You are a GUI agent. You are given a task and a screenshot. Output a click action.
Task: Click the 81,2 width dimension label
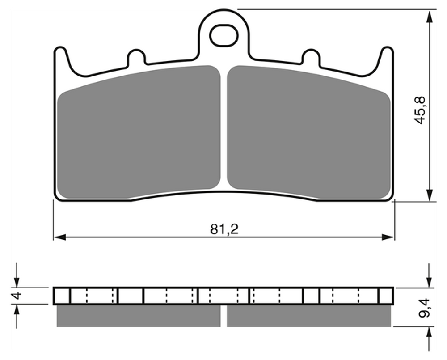[x=224, y=229]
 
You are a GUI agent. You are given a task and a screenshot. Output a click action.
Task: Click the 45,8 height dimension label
[x=420, y=110]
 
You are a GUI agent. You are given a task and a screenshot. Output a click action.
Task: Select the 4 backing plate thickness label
[x=18, y=296]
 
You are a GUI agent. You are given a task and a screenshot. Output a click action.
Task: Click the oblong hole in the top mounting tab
[x=223, y=35]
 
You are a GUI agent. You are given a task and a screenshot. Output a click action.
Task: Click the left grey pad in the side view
[x=139, y=316]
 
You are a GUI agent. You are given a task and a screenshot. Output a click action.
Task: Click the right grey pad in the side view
[x=309, y=316]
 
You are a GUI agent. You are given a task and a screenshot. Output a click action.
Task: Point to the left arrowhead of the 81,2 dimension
[x=60, y=237]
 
